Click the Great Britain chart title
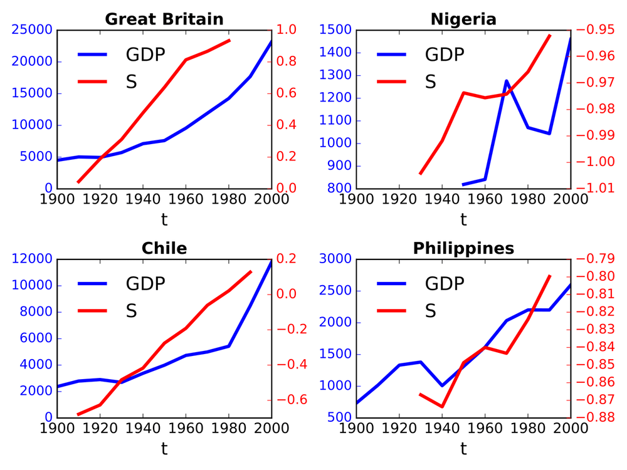[x=164, y=19]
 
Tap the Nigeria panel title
[x=463, y=19]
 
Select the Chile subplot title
[x=164, y=248]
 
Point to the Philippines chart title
[x=463, y=248]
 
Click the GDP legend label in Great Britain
[x=145, y=55]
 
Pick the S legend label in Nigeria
[x=431, y=81]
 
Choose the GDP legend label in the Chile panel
[x=145, y=284]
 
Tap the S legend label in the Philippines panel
[x=431, y=311]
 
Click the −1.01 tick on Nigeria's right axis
[x=592, y=189]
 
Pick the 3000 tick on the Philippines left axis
[x=337, y=259]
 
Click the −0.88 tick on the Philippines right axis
[x=592, y=417]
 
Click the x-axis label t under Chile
[x=164, y=449]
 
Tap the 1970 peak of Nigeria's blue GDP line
[x=507, y=81]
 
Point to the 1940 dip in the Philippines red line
[x=442, y=407]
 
